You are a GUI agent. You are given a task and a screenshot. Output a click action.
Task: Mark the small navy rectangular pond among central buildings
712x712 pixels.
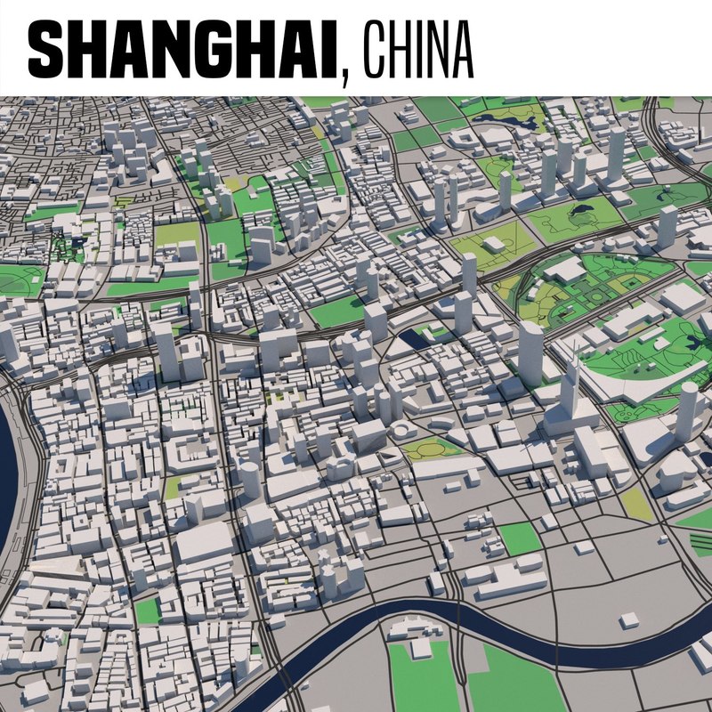point(414,337)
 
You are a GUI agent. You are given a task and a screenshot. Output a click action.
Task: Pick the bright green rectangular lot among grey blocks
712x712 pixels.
point(519,538)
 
